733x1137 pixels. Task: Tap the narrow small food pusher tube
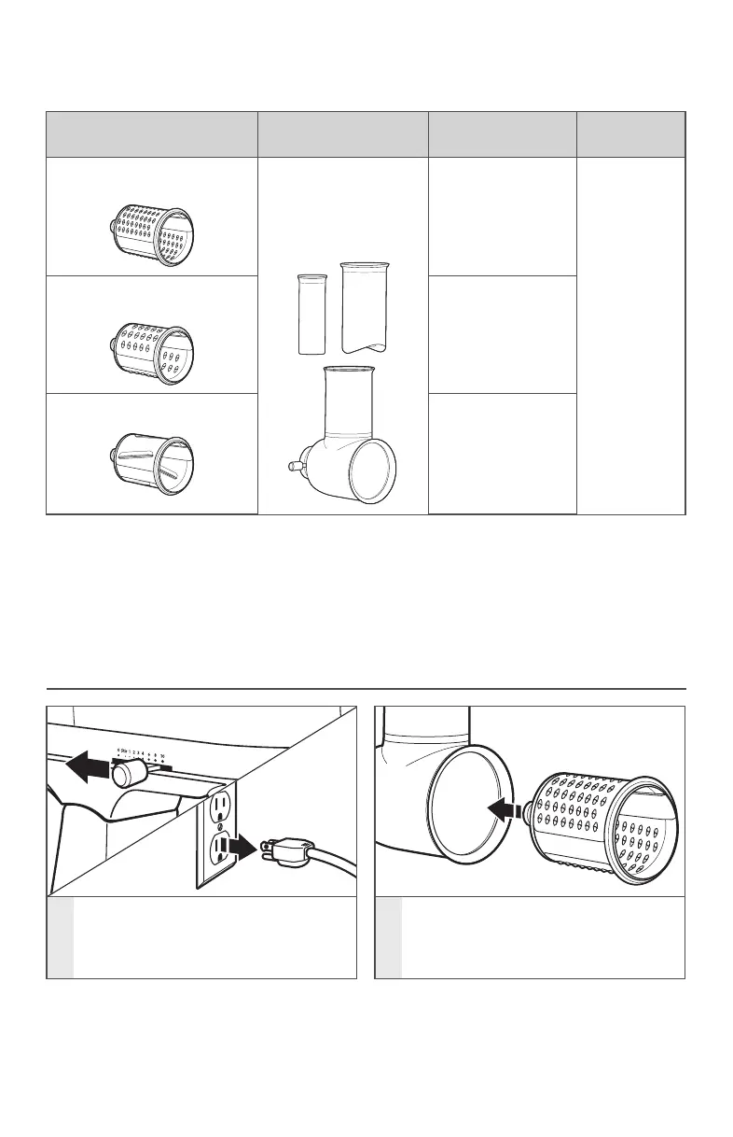click(x=311, y=314)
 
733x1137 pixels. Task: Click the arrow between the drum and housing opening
click(x=504, y=811)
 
